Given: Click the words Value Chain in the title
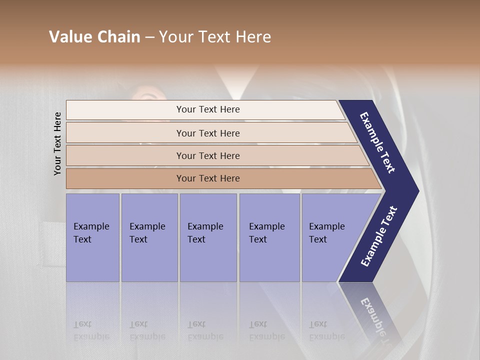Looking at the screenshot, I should point(94,37).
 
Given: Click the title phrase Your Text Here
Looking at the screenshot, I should point(215,37).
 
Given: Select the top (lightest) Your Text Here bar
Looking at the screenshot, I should point(207,109).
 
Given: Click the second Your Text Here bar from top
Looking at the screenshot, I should point(207,133).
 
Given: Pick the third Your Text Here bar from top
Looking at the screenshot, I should point(207,155).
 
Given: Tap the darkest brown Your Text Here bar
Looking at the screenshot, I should point(207,178).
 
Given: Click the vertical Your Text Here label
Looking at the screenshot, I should point(57,143).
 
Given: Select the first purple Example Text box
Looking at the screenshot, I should point(92,237).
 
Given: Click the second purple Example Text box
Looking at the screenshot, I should point(149,237).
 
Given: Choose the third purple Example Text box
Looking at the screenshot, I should point(207,237).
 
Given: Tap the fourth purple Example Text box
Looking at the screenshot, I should point(269,237).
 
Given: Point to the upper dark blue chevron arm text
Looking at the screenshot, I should point(377,142).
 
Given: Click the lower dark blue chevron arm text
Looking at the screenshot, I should point(378,236).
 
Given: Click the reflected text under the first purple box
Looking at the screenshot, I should point(91,330).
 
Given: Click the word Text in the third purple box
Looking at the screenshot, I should point(196,239).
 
